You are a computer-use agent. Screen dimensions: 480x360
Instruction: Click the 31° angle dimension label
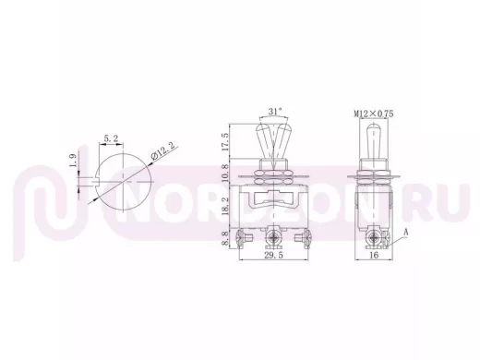tap(275, 111)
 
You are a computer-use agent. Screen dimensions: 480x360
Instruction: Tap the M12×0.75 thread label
tap(374, 114)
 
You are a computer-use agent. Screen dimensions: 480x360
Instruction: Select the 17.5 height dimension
tap(225, 141)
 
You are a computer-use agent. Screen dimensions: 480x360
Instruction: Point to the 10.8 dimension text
tap(225, 173)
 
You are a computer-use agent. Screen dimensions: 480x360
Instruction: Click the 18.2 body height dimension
tap(225, 206)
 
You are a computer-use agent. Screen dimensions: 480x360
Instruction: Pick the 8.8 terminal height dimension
tap(225, 239)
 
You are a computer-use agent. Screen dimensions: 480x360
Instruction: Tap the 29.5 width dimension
tap(274, 255)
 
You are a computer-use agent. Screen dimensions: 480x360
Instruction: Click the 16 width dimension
tap(374, 255)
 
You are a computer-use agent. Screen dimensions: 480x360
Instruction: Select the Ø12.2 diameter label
tap(164, 150)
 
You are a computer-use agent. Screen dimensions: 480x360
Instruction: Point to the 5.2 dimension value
tap(111, 138)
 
